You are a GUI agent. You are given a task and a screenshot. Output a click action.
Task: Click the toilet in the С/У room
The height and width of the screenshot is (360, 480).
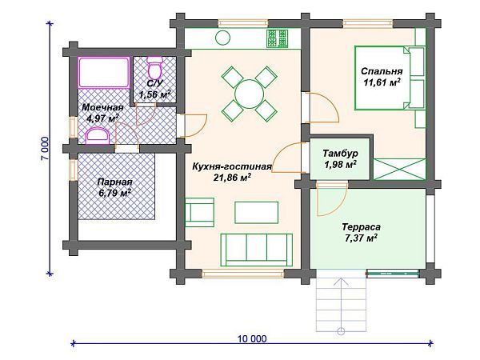pos(154,68)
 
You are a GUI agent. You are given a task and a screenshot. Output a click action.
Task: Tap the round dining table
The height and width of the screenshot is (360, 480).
pos(249,94)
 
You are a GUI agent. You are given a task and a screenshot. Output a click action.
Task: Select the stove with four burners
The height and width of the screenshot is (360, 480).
pos(278,38)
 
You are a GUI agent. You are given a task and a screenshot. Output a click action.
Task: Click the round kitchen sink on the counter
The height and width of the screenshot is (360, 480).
pos(222,38)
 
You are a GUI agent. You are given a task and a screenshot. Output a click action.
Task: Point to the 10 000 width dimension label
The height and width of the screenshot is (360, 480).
pos(252,339)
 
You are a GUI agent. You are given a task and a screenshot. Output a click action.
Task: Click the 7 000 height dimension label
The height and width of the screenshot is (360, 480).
pos(45,149)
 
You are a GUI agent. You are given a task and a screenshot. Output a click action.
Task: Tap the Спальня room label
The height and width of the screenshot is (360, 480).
pos(382,71)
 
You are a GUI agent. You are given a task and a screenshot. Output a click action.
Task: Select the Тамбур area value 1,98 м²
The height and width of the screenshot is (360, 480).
pos(340,165)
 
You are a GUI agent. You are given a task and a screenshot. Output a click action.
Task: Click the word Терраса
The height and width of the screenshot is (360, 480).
pos(362,227)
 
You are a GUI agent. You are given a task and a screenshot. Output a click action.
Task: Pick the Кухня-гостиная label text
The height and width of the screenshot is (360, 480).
pos(232,166)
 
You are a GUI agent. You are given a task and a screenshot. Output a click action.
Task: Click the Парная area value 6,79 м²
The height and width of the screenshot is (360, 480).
pos(114,193)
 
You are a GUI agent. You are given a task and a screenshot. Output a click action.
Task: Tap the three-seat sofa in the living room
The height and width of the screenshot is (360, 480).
pos(256,250)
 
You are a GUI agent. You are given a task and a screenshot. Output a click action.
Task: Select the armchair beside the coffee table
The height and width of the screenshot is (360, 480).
pos(199,212)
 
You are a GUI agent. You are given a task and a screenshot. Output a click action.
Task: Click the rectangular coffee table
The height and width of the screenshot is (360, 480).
pos(257,212)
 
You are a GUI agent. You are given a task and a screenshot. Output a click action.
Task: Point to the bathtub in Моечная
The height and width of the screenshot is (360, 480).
pos(103,73)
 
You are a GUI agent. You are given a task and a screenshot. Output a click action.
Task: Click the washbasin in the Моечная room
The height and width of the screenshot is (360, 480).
pos(98,136)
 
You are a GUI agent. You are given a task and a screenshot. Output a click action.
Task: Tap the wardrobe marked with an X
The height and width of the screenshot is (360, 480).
pos(399,169)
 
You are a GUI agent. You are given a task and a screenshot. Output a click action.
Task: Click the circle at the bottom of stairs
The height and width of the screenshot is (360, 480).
pos(341,331)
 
